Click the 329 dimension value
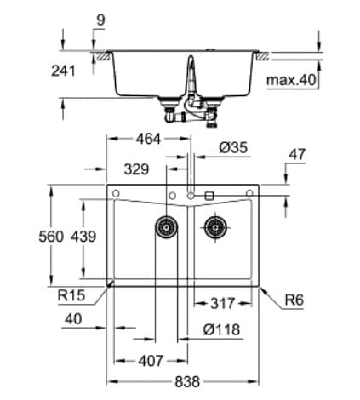[x=137, y=169]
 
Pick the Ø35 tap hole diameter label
[x=232, y=148]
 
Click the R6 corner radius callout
[x=295, y=299]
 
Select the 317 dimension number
[x=224, y=303]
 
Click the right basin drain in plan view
[x=216, y=227]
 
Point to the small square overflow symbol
[x=209, y=196]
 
